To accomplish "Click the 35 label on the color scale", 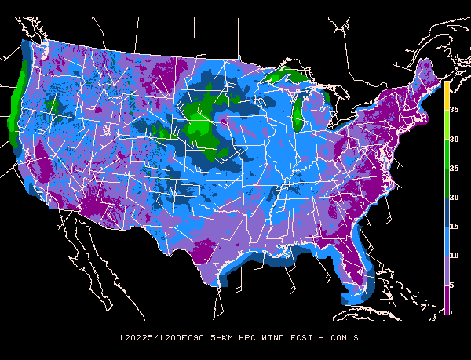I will click(x=454, y=111).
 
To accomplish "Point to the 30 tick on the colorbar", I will click(x=454, y=140).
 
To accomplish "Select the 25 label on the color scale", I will click(x=454, y=169).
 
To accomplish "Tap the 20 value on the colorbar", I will click(x=454, y=198).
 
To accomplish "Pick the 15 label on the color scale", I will click(x=454, y=227).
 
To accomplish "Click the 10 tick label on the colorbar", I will click(x=454, y=256).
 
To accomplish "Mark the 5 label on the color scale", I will click(x=452, y=285).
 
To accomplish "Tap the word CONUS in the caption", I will click(x=343, y=338).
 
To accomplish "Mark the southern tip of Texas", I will click(x=219, y=287).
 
